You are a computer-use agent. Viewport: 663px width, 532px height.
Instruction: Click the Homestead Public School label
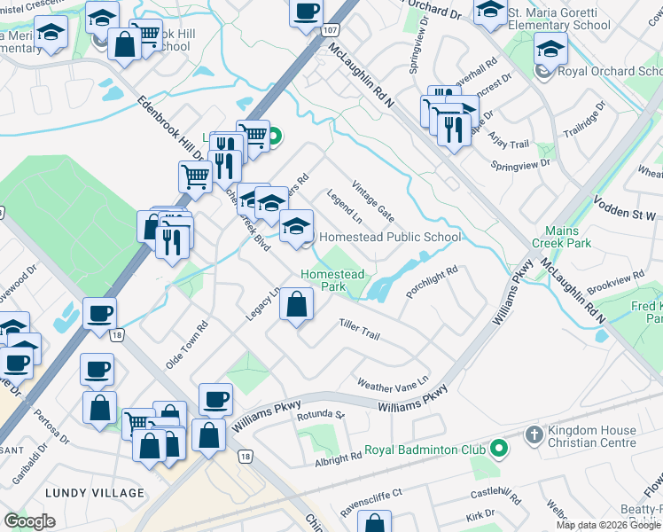coord(389,237)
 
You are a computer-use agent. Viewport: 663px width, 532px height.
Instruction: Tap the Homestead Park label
coord(332,280)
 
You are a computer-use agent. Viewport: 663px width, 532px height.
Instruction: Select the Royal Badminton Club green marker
coord(499,450)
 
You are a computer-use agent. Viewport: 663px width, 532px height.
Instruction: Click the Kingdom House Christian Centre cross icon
coord(533,435)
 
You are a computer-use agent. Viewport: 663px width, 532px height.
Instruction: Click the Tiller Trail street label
coord(359,332)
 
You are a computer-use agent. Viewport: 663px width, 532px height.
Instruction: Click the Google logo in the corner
coord(29,521)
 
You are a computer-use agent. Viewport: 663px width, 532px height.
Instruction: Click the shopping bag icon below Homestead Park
coord(296,307)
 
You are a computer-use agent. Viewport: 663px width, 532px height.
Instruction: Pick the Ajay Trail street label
coord(509,144)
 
